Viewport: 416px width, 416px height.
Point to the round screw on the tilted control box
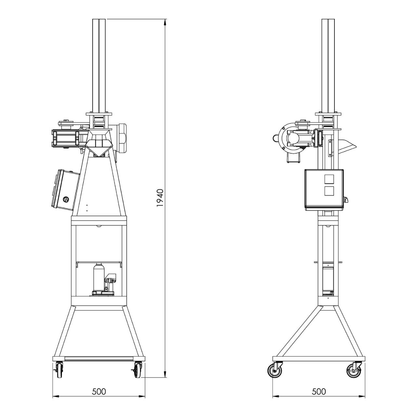(66, 199)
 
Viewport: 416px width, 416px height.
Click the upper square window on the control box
(329, 179)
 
